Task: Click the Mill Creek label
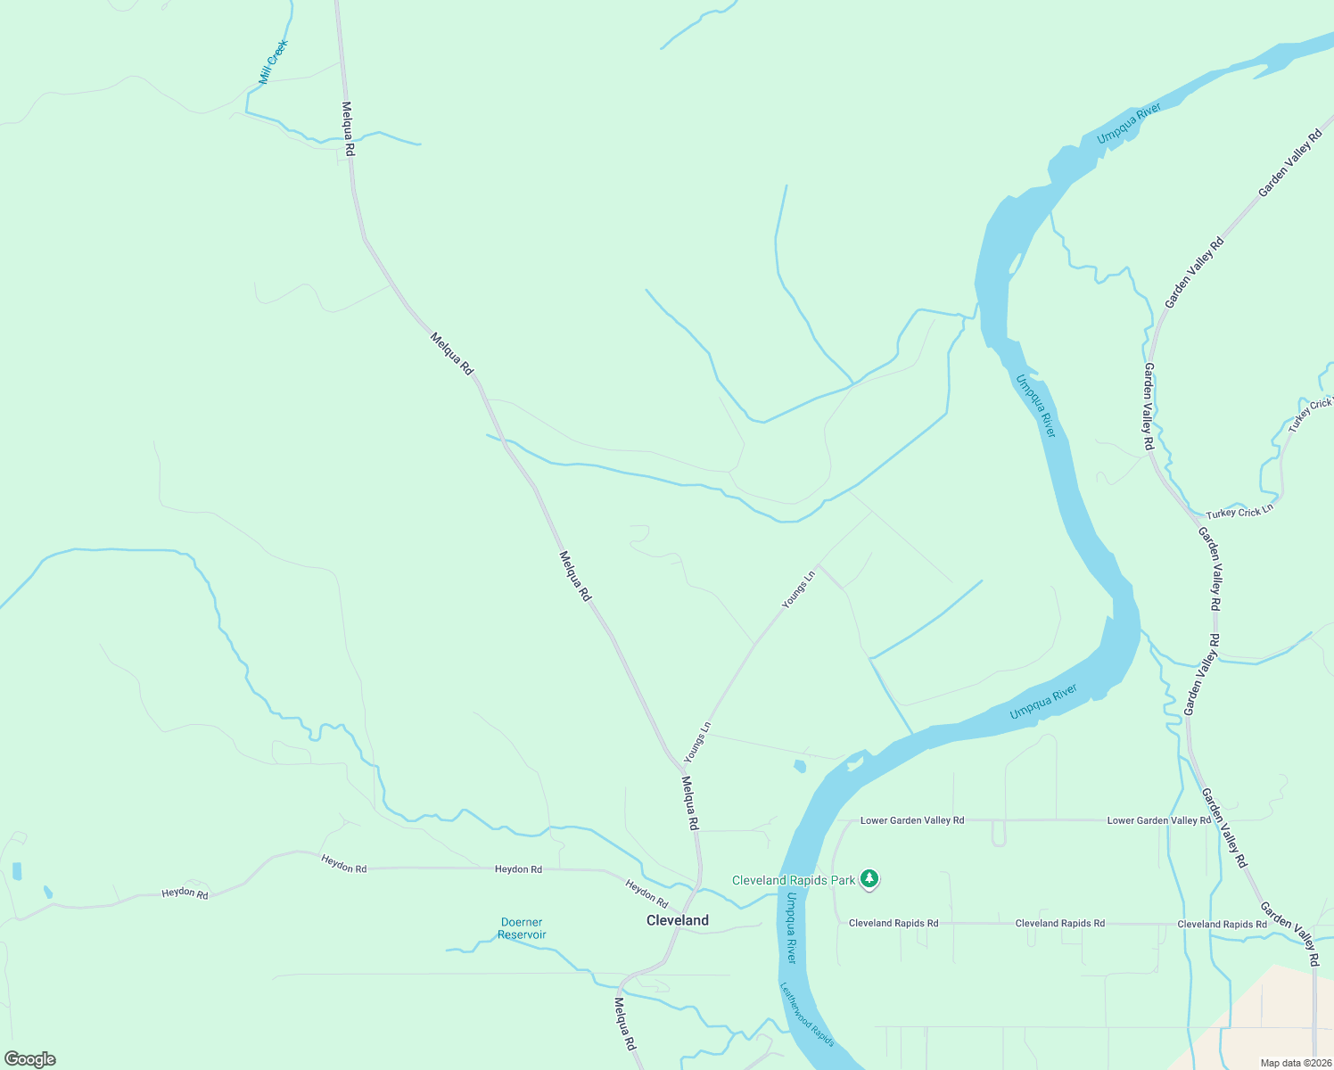coord(274,62)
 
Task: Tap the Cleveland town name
coord(678,920)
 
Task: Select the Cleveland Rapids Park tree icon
coord(869,880)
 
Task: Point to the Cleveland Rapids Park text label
coord(794,880)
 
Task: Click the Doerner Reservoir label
coord(522,928)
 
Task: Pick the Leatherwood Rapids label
coord(807,1014)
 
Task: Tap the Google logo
coord(29,1059)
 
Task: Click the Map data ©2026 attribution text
coord(1295,1063)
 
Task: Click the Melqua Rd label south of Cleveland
coord(624,1023)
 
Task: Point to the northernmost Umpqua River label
coord(1129,124)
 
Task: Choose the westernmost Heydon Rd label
coord(185,893)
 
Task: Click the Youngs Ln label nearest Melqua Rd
coord(697,742)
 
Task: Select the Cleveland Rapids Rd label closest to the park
coord(893,923)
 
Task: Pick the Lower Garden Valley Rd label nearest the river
coord(912,820)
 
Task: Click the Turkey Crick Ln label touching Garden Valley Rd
coord(1239,513)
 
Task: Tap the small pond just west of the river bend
coord(800,766)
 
